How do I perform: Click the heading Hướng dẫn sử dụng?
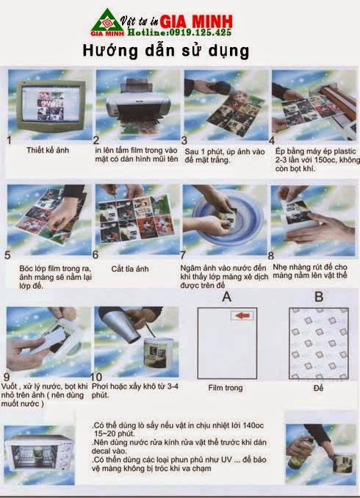pos(166,51)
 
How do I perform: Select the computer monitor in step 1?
pos(51,105)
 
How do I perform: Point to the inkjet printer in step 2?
pos(137,101)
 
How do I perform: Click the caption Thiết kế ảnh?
pos(48,150)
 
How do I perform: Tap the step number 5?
pos(7,255)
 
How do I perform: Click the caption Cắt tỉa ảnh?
pos(129,269)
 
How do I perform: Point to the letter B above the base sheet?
pos(319,297)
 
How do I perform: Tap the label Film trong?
pos(226,388)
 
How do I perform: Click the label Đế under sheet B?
pos(318,388)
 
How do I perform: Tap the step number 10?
pos(96,377)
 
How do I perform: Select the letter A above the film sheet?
pos(226,297)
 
